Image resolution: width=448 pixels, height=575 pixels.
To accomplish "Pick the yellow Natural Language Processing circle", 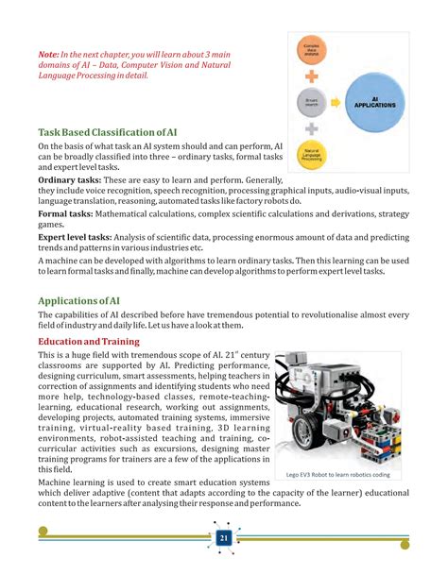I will (313, 154).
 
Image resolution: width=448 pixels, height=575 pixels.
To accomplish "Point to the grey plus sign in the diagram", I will (313, 127).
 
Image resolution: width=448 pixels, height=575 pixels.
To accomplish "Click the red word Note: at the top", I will (50, 56).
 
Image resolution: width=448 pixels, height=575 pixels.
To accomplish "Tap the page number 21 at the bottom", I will (224, 538).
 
